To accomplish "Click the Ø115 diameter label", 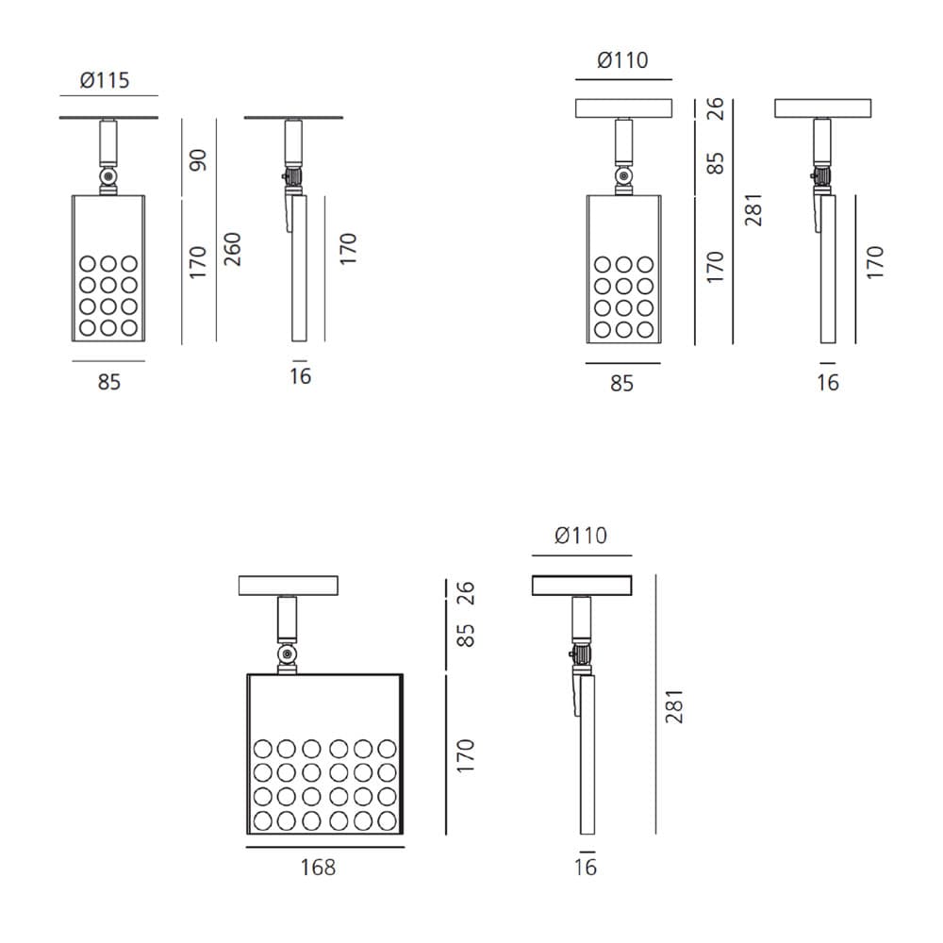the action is [x=105, y=80].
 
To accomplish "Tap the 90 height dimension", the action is [x=198, y=160].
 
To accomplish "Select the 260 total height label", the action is [x=232, y=249].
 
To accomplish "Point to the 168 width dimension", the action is [x=318, y=868].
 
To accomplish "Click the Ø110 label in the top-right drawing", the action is [x=622, y=60].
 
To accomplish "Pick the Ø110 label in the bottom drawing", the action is [x=581, y=536].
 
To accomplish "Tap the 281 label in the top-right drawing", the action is [x=753, y=210].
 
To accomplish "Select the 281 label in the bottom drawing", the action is [x=675, y=706].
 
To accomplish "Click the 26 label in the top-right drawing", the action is [x=715, y=108].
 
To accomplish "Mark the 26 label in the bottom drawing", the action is [x=466, y=593].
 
